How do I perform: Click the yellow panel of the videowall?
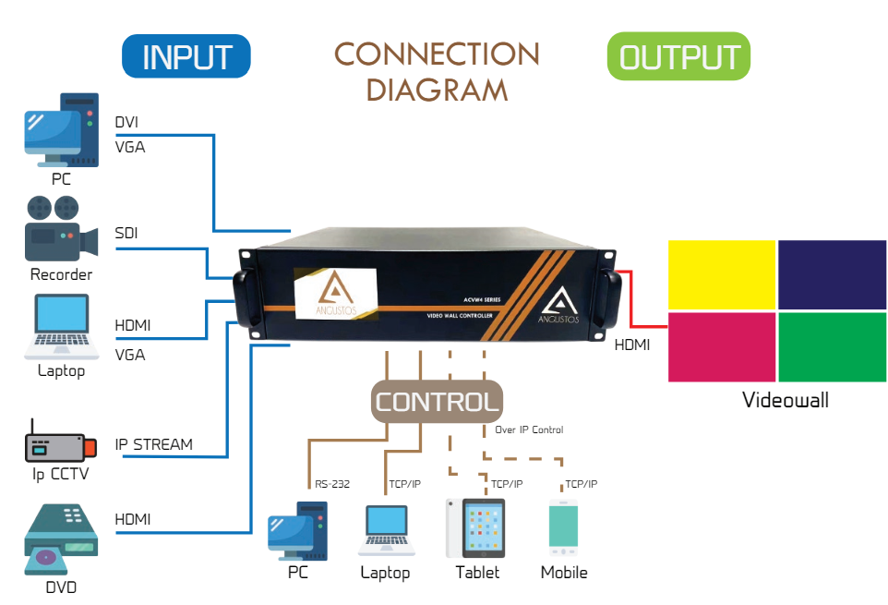[x=721, y=274]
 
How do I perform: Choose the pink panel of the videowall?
[x=721, y=346]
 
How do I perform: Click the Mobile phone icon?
[x=563, y=527]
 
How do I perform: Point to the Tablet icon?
[x=476, y=527]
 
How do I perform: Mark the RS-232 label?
[x=331, y=483]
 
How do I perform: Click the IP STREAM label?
[x=153, y=444]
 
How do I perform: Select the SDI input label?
[x=126, y=233]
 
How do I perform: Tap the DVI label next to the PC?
[x=127, y=122]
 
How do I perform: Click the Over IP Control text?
[x=529, y=430]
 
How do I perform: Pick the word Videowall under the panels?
[x=786, y=400]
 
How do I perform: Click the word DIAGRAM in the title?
[x=437, y=90]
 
